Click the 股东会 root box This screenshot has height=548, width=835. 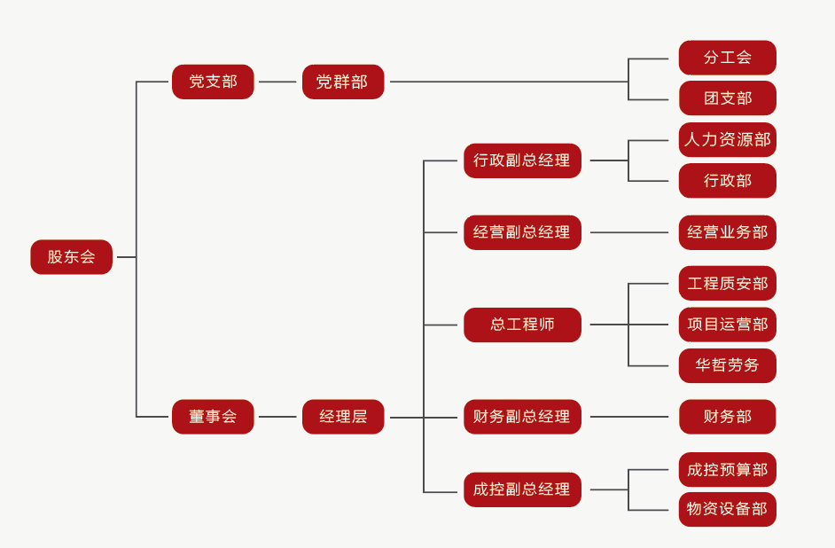71,257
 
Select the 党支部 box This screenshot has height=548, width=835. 213,82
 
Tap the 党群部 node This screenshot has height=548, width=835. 342,82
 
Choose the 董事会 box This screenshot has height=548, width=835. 213,417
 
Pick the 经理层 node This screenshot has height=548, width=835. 342,417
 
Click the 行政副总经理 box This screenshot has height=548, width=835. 522,160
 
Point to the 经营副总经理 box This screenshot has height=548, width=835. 522,232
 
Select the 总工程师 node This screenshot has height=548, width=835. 522,325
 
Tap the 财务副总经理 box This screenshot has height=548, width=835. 522,417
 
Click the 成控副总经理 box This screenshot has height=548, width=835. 522,489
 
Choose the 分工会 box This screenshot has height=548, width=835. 727,58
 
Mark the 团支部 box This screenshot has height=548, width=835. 727,98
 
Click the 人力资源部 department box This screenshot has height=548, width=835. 727,140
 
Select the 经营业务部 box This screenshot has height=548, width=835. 727,232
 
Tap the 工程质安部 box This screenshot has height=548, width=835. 727,284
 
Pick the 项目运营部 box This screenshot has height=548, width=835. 727,325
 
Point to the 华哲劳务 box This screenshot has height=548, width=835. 727,365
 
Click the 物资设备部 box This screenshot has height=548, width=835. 727,510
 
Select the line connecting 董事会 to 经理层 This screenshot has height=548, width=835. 277,417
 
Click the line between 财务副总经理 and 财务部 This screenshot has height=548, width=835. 629,417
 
